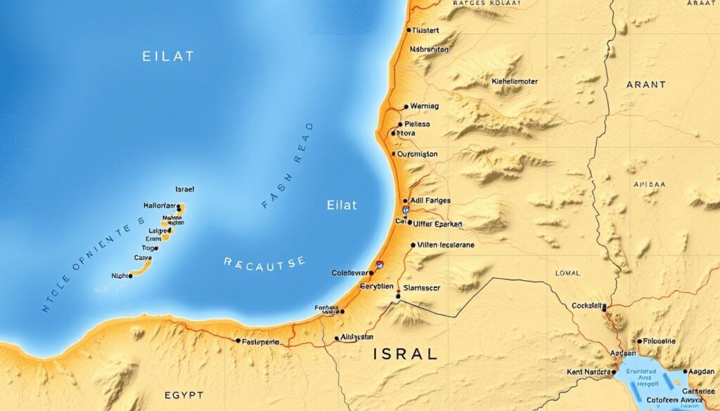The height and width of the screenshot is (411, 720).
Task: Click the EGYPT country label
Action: pyautogui.click(x=184, y=396)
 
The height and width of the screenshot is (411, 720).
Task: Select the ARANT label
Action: pyautogui.click(x=645, y=84)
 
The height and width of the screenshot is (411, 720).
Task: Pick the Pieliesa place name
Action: pyautogui.click(x=417, y=124)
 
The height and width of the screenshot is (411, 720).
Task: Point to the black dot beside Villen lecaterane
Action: pyautogui.click(x=412, y=245)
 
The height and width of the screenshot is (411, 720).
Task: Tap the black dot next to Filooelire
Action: pyautogui.click(x=639, y=341)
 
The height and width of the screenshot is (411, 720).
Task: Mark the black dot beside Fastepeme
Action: pyautogui.click(x=237, y=341)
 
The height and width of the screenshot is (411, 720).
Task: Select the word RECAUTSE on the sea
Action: pyautogui.click(x=265, y=262)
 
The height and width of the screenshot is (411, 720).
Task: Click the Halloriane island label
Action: pyautogui.click(x=158, y=206)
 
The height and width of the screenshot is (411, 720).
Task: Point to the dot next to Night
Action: pyautogui.click(x=131, y=276)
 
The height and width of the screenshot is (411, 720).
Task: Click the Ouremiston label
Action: pyautogui.click(x=418, y=154)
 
